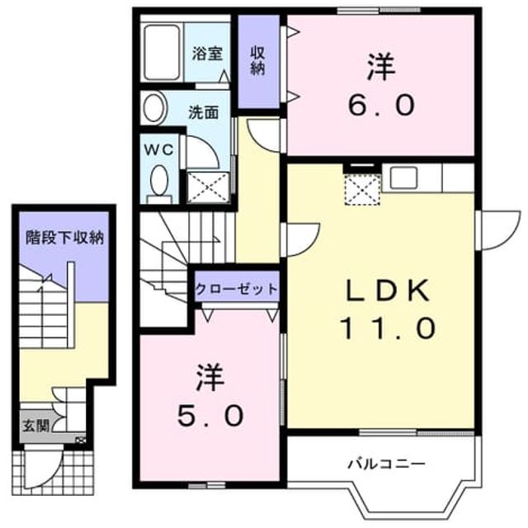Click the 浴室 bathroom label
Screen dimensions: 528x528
(207, 54)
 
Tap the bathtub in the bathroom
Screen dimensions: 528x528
(162, 52)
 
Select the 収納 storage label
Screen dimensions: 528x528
(257, 60)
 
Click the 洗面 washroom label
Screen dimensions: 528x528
(204, 112)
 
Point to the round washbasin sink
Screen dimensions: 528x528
(154, 108)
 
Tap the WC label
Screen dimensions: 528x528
(159, 149)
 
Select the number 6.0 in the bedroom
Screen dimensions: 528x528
(381, 105)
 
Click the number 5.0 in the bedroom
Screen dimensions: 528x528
(210, 415)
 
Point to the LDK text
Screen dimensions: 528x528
(388, 290)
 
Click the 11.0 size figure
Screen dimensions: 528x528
(388, 328)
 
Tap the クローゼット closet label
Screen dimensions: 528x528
(237, 289)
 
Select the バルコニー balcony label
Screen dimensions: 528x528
(387, 464)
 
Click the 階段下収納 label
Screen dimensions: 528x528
(64, 238)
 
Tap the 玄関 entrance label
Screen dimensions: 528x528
(36, 426)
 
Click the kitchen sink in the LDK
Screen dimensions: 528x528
(403, 178)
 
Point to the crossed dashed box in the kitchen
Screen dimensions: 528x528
(362, 190)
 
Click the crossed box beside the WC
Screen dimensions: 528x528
(209, 187)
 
